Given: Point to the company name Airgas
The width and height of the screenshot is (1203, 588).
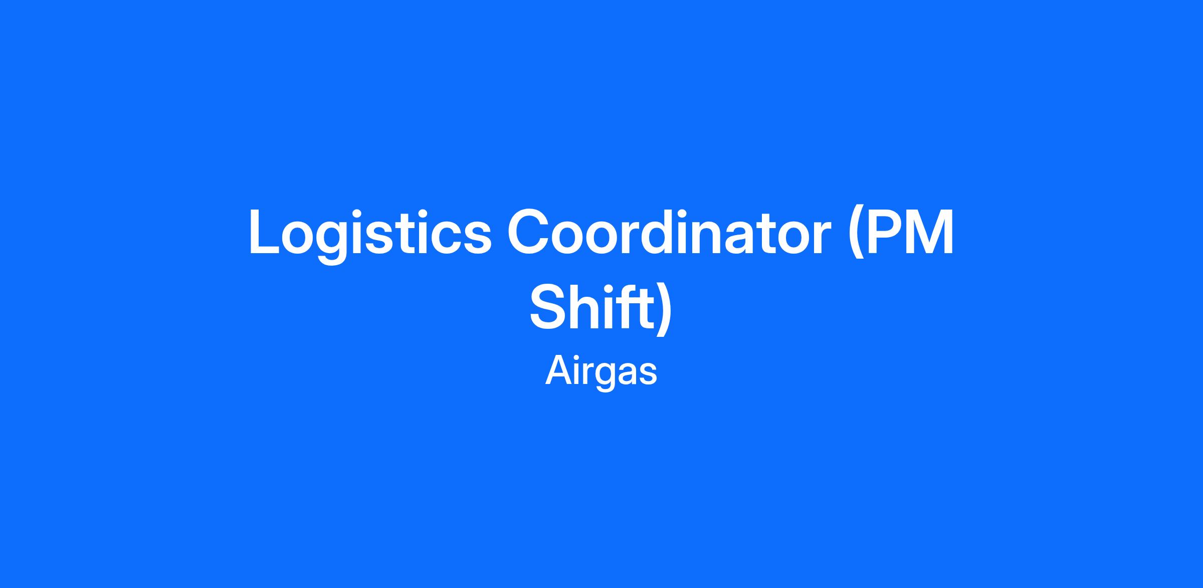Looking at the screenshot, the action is (601, 371).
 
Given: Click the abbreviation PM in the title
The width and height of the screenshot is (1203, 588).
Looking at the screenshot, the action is (908, 232).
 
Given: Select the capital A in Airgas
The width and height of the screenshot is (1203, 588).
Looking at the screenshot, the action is (558, 370).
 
